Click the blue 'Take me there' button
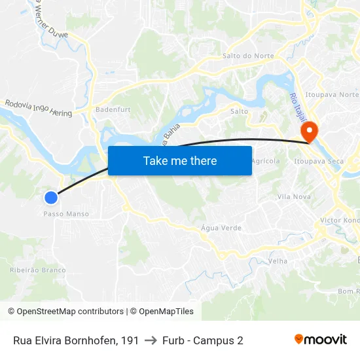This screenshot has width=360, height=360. point(180,160)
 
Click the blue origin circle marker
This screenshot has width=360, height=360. point(51,197)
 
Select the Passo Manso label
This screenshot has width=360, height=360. point(66,214)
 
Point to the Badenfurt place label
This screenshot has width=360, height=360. point(110,110)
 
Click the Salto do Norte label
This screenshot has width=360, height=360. point(248,56)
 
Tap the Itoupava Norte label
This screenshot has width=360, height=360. point(336,95)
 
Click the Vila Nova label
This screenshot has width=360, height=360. point(294,196)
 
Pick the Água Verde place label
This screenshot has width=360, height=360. point(222,228)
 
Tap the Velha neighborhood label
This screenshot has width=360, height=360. point(278,261)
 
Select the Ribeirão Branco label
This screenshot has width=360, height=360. point(38,270)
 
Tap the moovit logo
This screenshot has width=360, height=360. point(321,340)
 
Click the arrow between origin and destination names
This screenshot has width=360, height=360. point(151,340)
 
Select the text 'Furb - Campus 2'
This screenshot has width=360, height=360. point(203,340)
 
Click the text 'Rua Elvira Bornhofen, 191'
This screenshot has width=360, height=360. point(76,340)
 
